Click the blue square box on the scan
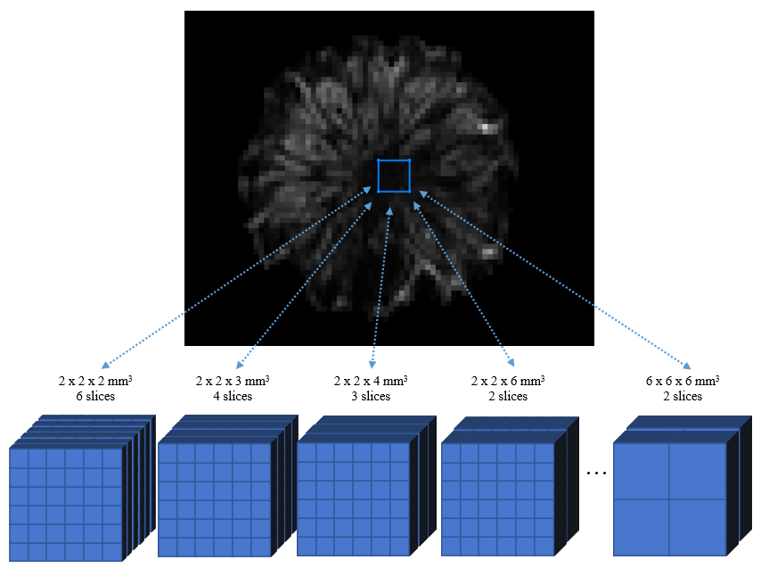(394, 176)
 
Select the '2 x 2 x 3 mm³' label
(233, 381)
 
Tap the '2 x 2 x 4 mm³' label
(371, 381)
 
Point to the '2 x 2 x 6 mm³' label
(508, 381)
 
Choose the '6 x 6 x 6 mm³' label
(683, 381)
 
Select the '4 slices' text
(233, 396)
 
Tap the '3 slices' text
(371, 396)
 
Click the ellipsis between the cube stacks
(597, 472)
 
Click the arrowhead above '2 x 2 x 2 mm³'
(105, 365)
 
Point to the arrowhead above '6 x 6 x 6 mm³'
(687, 365)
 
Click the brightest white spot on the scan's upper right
(486, 127)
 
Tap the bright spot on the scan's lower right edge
(488, 252)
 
